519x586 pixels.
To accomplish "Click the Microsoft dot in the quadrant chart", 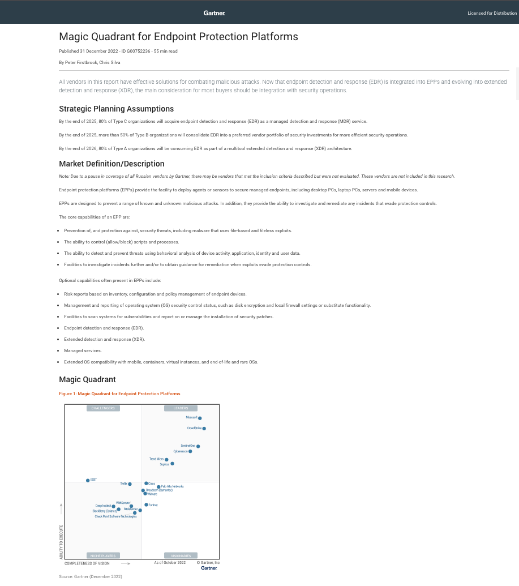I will pyautogui.click(x=200, y=418).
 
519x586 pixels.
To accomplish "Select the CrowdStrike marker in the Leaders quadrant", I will pyautogui.click(x=204, y=429).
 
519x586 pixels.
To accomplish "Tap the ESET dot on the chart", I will pyautogui.click(x=88, y=480).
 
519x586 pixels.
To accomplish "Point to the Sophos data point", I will pyautogui.click(x=172, y=464).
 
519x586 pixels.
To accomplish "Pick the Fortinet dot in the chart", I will pyautogui.click(x=146, y=504).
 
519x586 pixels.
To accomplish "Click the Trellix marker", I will pyautogui.click(x=130, y=484).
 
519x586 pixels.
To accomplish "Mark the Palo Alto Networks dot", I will pyautogui.click(x=158, y=487).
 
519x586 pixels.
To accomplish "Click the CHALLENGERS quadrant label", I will pyautogui.click(x=103, y=408).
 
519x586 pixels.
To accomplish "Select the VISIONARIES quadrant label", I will pyautogui.click(x=181, y=556).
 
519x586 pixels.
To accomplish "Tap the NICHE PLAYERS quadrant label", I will pyautogui.click(x=103, y=556).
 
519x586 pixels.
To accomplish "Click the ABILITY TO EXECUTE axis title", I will pyautogui.click(x=61, y=542).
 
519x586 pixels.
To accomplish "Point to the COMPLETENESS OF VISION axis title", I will pyautogui.click(x=87, y=563).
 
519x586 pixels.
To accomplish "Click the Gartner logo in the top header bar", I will pyautogui.click(x=215, y=12).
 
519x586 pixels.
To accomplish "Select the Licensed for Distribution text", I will pyautogui.click(x=492, y=13).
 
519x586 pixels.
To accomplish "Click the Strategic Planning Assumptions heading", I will pyautogui.click(x=116, y=109).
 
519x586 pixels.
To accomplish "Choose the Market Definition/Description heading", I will pyautogui.click(x=111, y=164).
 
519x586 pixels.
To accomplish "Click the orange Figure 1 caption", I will pyautogui.click(x=119, y=393).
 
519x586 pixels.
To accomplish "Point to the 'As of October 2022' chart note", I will pyautogui.click(x=170, y=563).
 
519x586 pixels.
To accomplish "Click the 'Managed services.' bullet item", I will pyautogui.click(x=83, y=350).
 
